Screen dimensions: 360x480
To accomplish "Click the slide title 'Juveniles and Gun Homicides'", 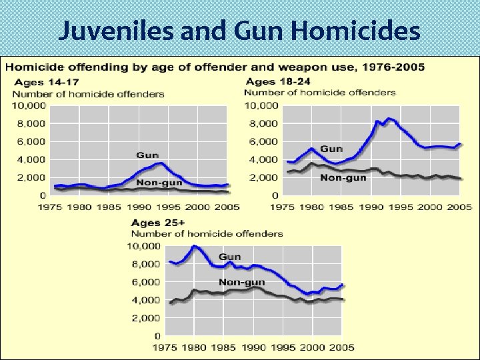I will pos(239,31).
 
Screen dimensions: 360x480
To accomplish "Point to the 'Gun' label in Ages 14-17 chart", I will pos(147,155).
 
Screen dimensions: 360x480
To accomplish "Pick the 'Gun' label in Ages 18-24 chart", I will pos(332,148).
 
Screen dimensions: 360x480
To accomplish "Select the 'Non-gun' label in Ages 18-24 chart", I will pos(343,177).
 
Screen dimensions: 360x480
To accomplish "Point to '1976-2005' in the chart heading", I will pos(389,67).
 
